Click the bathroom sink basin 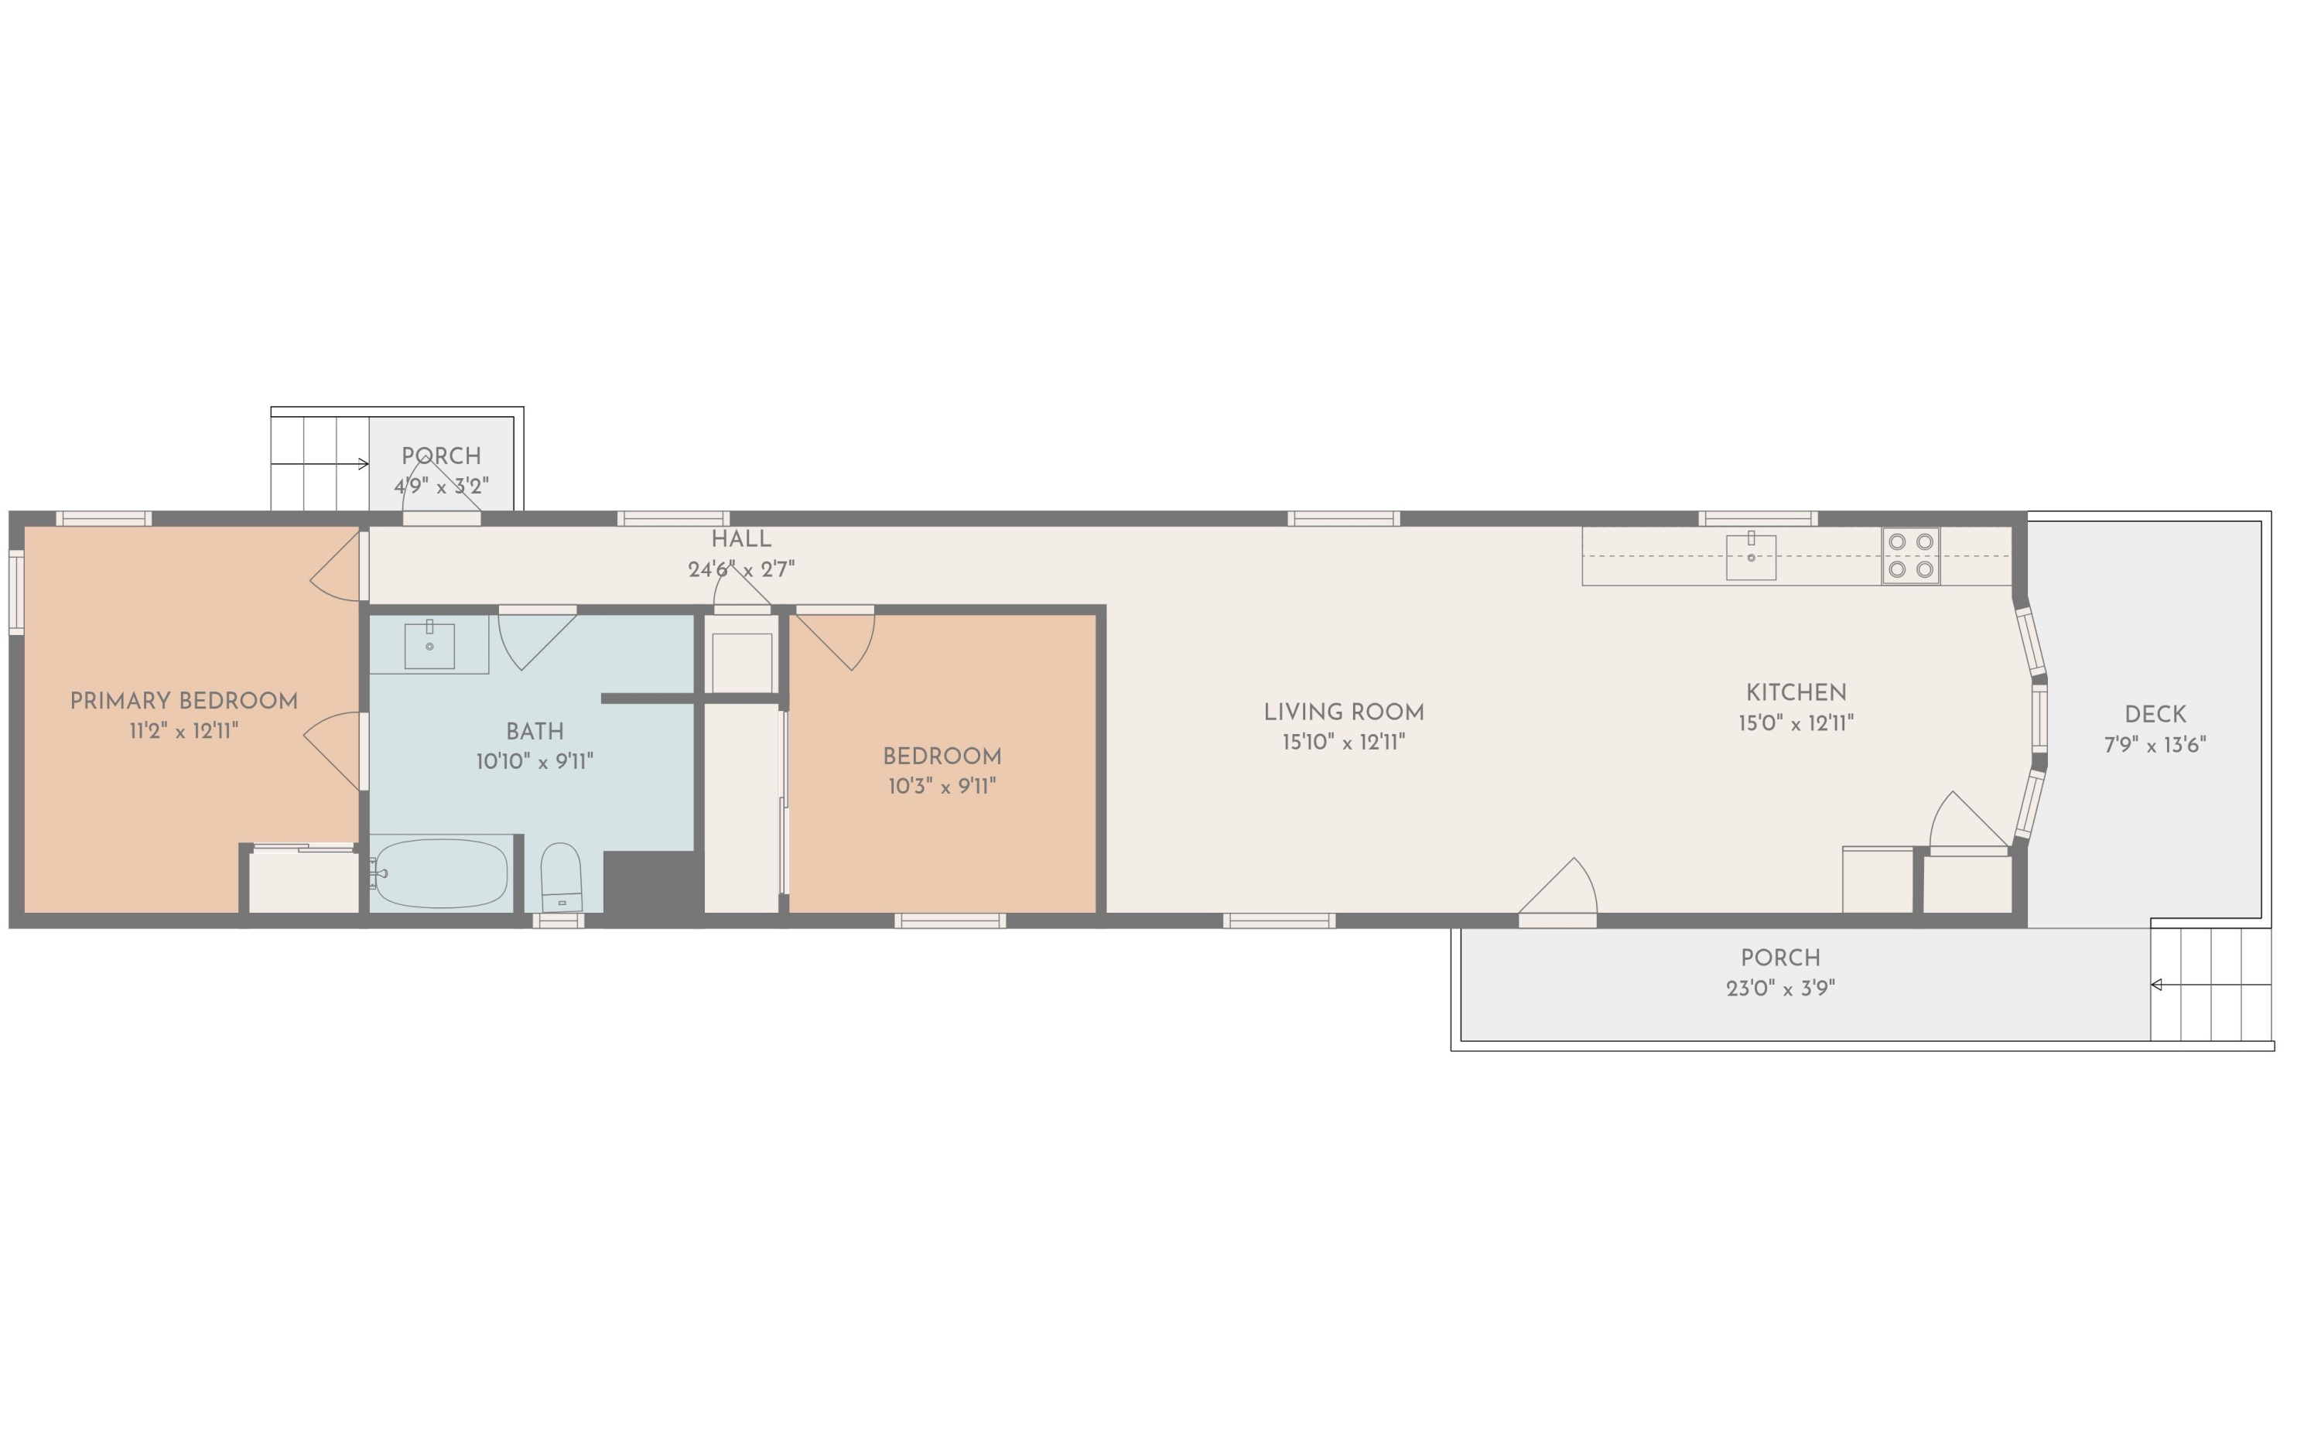click(x=429, y=645)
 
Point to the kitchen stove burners click(x=1910, y=555)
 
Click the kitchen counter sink click(x=1750, y=556)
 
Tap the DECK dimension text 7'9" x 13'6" click(x=2155, y=745)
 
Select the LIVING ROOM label click(x=1343, y=712)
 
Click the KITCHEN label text click(x=1796, y=693)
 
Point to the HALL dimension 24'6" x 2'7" click(x=741, y=569)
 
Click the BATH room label click(x=535, y=732)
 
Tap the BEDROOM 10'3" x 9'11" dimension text click(x=942, y=787)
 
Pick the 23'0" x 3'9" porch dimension click(x=1779, y=988)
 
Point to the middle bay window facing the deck click(x=2039, y=719)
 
